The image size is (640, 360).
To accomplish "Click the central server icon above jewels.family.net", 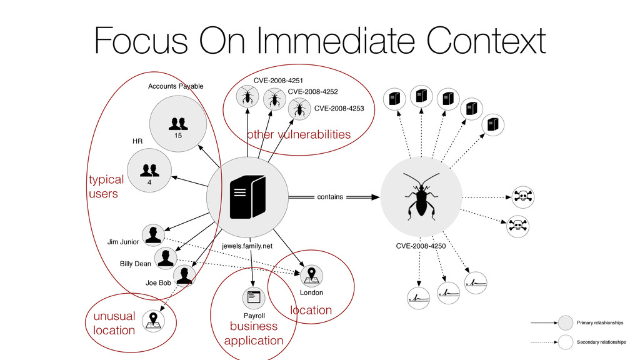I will pyautogui.click(x=247, y=195).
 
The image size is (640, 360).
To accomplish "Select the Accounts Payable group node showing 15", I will pyautogui.click(x=177, y=123).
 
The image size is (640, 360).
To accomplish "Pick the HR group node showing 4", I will pyautogui.click(x=149, y=171).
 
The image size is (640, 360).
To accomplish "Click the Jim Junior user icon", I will pyautogui.click(x=152, y=235).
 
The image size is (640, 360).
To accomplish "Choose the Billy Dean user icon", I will pyautogui.click(x=166, y=257).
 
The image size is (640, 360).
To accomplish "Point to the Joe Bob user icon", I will pyautogui.click(x=184, y=275).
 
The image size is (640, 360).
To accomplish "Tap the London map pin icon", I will pyautogui.click(x=311, y=274).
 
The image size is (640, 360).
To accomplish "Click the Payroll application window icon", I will pyautogui.click(x=253, y=297).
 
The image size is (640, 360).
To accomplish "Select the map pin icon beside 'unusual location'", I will pyautogui.click(x=152, y=320).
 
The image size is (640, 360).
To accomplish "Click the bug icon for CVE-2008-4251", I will pyautogui.click(x=247, y=96).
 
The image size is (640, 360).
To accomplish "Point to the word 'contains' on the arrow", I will pyautogui.click(x=330, y=197).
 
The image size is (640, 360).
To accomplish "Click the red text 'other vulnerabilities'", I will pyautogui.click(x=298, y=134).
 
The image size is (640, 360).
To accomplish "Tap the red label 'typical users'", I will pyautogui.click(x=105, y=187).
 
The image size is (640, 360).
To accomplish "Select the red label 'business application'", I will pyautogui.click(x=253, y=334).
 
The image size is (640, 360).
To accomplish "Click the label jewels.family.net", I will pyautogui.click(x=247, y=246).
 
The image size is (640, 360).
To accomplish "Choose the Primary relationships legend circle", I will pyautogui.click(x=566, y=322).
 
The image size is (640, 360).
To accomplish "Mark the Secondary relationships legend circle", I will pyautogui.click(x=566, y=342).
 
